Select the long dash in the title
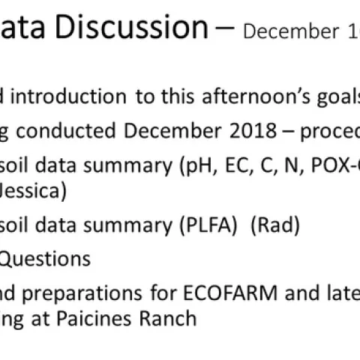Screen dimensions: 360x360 coord(224,30)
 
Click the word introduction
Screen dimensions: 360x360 coord(70,97)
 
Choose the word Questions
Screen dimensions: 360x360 coord(45,259)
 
